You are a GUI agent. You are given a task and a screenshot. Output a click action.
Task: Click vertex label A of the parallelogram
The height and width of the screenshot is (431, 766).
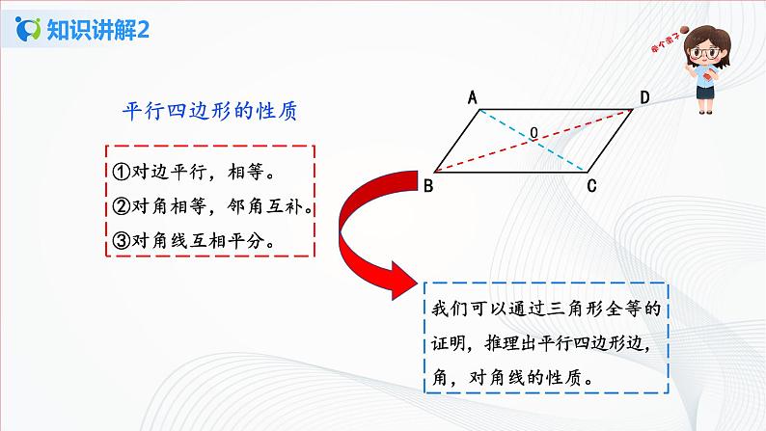click(474, 96)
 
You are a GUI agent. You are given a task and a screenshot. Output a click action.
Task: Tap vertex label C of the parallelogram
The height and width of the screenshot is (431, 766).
click(591, 188)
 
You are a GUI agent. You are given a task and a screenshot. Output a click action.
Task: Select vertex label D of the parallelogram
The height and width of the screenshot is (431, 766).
click(643, 97)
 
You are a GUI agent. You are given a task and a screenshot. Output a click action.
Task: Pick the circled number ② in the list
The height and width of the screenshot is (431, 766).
click(121, 206)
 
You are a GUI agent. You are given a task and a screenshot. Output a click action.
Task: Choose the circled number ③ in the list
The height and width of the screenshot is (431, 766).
click(121, 240)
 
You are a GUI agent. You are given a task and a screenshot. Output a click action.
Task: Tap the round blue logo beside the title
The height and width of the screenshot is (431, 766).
click(29, 30)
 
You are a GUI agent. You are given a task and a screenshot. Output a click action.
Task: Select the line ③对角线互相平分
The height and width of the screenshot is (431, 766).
click(193, 240)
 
